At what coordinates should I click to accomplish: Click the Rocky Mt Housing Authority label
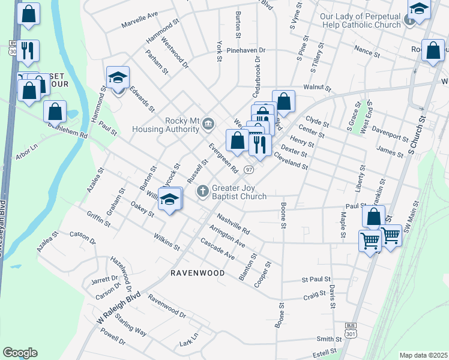click(181, 124)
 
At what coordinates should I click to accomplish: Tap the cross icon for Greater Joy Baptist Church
click(203, 191)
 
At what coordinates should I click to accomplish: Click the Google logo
click(20, 353)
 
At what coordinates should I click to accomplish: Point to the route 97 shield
click(249, 170)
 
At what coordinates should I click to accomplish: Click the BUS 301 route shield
click(351, 329)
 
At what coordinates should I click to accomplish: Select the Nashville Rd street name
click(233, 224)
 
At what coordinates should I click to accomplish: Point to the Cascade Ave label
click(217, 251)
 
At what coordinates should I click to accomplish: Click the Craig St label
click(314, 296)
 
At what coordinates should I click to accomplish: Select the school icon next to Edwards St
click(118, 77)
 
